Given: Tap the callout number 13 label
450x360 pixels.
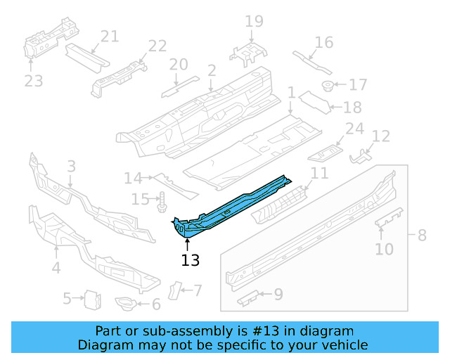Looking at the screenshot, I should click(x=190, y=260).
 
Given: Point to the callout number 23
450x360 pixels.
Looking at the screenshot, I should click(x=33, y=81).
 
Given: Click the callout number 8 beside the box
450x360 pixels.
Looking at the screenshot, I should click(x=422, y=235).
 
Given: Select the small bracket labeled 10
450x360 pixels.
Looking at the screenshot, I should click(x=389, y=219).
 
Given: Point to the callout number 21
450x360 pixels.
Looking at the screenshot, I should click(x=110, y=37).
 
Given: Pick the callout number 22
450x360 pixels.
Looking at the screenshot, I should click(x=157, y=46).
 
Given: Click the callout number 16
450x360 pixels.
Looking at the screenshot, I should click(x=323, y=42).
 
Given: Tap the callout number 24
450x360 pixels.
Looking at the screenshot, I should click(x=354, y=129).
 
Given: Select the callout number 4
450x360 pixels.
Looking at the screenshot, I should click(x=56, y=267).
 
